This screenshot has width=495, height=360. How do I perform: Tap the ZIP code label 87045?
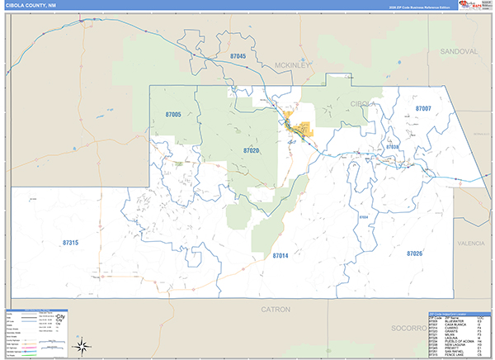point(238,56)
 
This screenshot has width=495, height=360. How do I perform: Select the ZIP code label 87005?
point(172,115)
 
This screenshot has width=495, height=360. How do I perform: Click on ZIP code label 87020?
point(251,151)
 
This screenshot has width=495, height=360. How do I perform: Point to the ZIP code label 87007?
point(423,108)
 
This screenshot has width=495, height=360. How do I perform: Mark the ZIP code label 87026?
point(414,253)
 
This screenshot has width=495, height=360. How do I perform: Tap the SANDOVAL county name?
point(458,51)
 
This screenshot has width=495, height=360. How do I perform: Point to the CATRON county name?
point(276,310)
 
